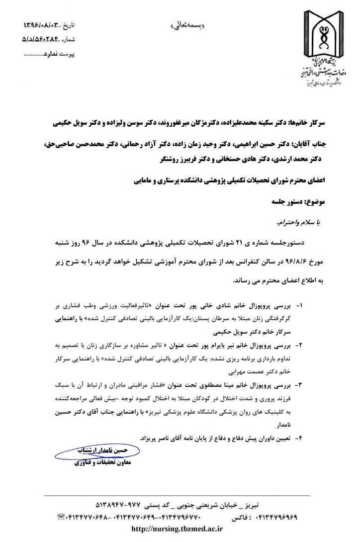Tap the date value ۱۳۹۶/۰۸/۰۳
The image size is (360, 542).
pos(44,25)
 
